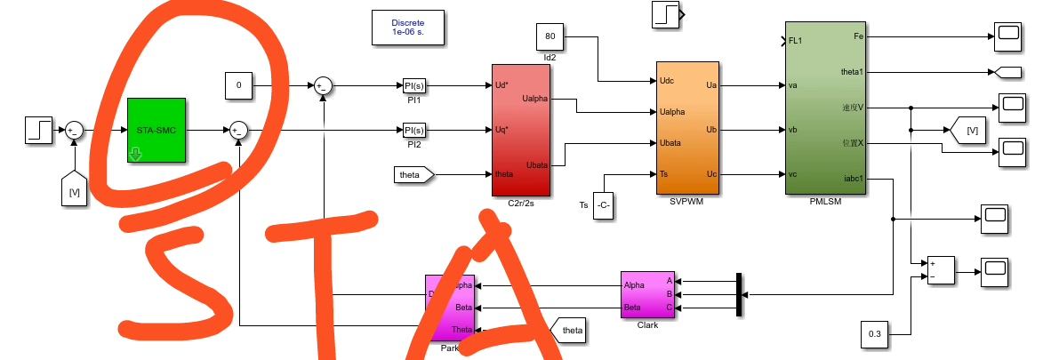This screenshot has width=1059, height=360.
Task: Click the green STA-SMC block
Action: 156,130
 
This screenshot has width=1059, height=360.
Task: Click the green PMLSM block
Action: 826,110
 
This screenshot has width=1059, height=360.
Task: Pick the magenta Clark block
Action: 646,294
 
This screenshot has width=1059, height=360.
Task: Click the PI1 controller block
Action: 413,85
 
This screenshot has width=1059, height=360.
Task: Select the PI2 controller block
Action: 413,130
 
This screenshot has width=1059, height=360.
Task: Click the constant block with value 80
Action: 550,37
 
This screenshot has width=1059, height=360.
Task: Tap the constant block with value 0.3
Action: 874,335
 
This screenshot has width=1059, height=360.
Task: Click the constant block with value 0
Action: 238,85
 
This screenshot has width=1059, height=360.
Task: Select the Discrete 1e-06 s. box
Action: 408,27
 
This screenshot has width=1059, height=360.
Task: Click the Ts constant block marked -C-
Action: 604,204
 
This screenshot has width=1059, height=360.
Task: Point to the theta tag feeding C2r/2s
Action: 413,174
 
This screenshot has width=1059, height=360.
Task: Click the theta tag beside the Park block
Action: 569,331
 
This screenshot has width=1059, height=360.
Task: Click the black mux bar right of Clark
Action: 739,294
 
